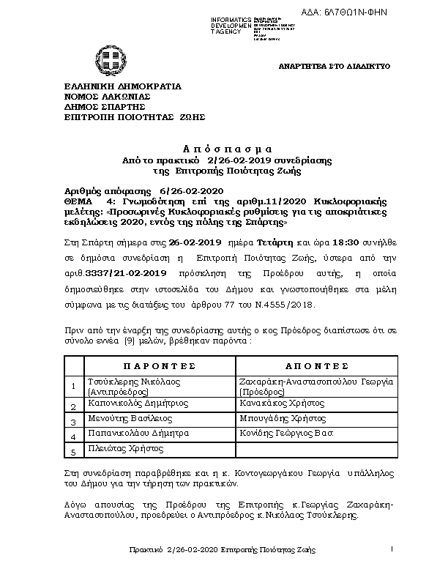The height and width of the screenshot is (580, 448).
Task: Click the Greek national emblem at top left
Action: [101, 56]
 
